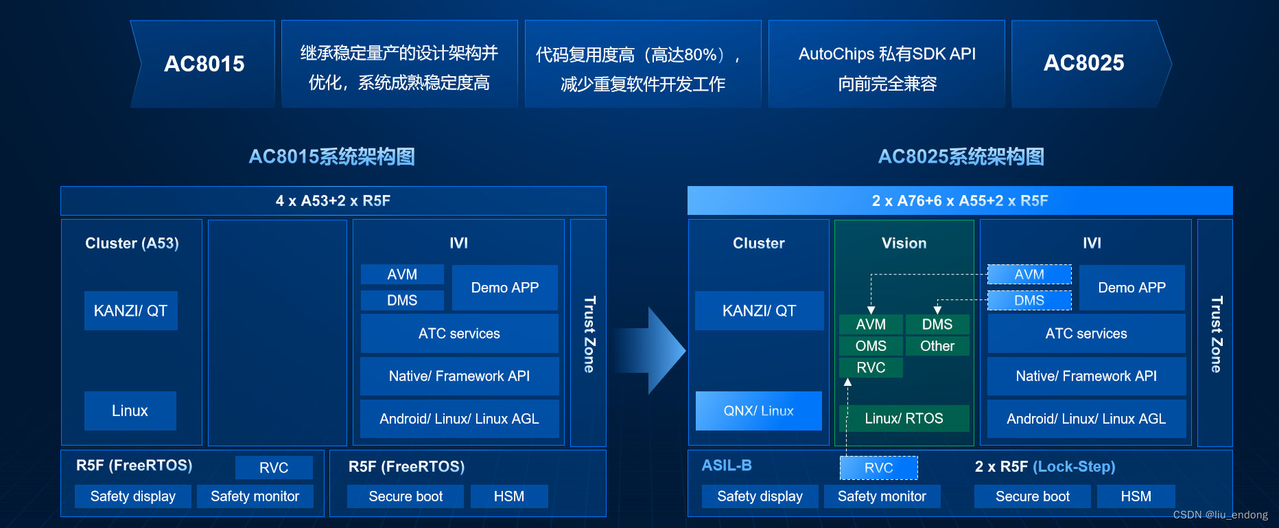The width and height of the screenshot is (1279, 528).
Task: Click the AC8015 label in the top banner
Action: pyautogui.click(x=204, y=64)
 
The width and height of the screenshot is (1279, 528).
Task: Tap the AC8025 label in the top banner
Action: pyautogui.click(x=1083, y=63)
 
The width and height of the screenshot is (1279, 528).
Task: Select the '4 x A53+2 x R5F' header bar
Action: pyautogui.click(x=333, y=200)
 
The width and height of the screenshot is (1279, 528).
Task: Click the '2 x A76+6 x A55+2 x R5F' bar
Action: pyautogui.click(x=959, y=200)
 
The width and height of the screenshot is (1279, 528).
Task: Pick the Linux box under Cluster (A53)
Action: pyautogui.click(x=130, y=411)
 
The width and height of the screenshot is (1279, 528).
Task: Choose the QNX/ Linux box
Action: pyautogui.click(x=758, y=411)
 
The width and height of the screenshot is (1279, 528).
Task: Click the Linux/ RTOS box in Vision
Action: pyautogui.click(x=904, y=418)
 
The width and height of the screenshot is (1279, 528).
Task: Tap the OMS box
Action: pyautogui.click(x=871, y=346)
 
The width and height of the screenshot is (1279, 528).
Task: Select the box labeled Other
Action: pyautogui.click(x=937, y=346)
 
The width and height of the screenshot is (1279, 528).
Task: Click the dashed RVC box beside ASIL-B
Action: pyautogui.click(x=878, y=468)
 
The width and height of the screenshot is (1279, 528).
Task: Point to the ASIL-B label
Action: pyautogui.click(x=727, y=466)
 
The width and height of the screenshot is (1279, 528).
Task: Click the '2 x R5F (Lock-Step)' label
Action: pyautogui.click(x=1044, y=467)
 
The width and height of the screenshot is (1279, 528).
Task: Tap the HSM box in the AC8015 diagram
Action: pyautogui.click(x=508, y=496)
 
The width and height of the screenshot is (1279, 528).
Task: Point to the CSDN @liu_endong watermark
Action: pyautogui.click(x=1220, y=515)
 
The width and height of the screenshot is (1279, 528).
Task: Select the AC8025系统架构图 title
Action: pyautogui.click(x=961, y=157)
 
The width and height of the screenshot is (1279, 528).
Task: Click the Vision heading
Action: pyautogui.click(x=904, y=243)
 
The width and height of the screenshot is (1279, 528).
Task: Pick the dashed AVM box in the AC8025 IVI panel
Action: pyautogui.click(x=1029, y=275)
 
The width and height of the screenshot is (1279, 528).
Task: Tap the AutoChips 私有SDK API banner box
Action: pyautogui.click(x=887, y=64)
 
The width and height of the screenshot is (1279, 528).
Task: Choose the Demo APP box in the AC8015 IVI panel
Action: pyautogui.click(x=504, y=288)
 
